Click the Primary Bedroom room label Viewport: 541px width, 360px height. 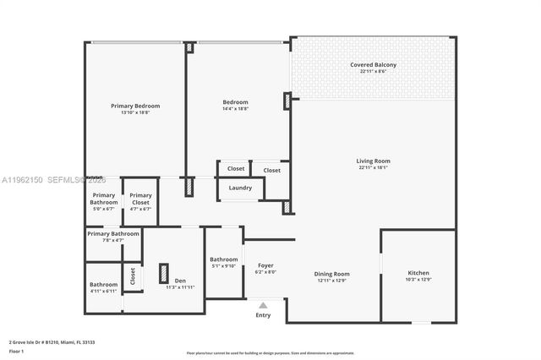[x=135, y=106]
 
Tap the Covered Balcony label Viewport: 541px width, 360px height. [x=373, y=65]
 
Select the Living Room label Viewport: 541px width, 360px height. [x=373, y=161]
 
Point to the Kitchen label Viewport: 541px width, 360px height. [x=418, y=273]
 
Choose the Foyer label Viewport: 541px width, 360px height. [x=265, y=265]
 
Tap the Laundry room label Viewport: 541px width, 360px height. [x=240, y=188]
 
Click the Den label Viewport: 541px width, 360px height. [x=180, y=281]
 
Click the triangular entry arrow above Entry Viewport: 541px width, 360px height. [x=263, y=305]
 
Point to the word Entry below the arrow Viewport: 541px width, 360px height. [x=263, y=314]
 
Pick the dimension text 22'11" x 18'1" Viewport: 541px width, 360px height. [x=373, y=167]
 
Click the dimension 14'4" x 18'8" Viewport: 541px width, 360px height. [x=237, y=112]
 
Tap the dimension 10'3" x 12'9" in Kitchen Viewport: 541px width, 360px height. [x=418, y=280]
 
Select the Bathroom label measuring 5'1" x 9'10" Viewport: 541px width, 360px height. [x=224, y=259]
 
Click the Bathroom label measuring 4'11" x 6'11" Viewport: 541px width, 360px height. [x=104, y=284]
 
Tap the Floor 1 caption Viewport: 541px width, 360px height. [x=16, y=351]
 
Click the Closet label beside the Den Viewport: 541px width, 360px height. [x=133, y=275]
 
